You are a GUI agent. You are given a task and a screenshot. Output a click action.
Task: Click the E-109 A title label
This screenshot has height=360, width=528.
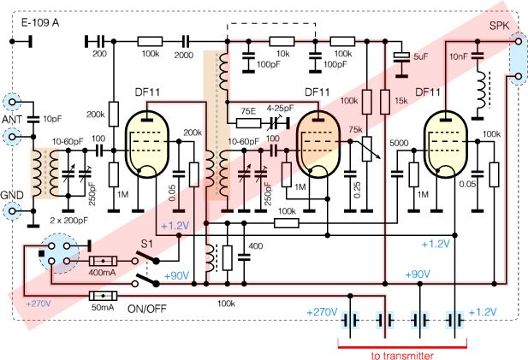coord(39,19)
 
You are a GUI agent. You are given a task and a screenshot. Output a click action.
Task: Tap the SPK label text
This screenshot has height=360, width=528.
coord(498,26)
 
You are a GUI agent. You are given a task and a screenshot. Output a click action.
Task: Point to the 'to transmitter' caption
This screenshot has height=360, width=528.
coord(401,353)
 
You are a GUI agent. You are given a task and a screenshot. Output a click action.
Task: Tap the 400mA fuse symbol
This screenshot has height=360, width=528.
coord(104,261)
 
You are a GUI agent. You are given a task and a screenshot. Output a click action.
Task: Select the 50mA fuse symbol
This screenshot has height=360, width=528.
coord(104,297)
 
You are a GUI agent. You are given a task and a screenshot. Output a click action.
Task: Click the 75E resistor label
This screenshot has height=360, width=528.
coord(248,110)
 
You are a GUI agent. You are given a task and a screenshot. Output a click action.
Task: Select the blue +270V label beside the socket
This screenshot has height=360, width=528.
coord(39,304)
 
